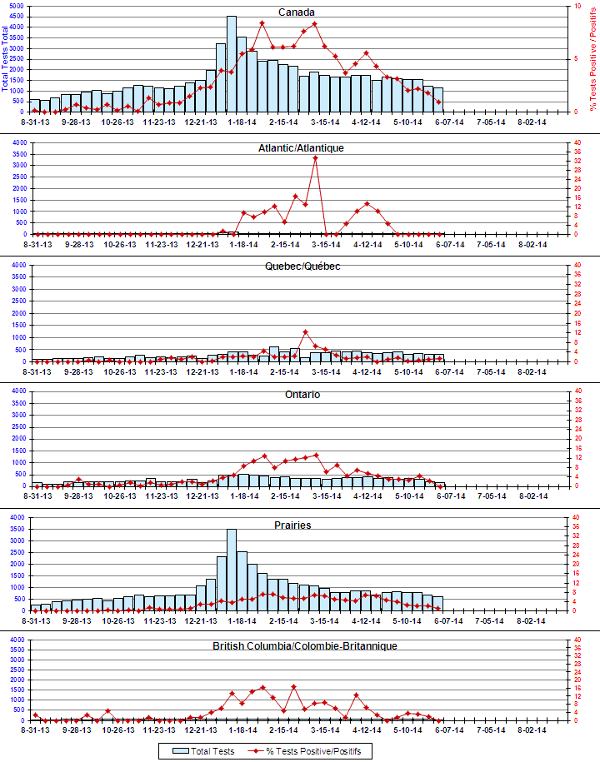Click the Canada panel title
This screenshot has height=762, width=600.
click(297, 12)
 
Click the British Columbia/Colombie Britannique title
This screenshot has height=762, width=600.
click(304, 645)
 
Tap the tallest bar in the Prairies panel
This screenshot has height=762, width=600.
click(232, 570)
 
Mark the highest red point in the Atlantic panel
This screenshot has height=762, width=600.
click(315, 157)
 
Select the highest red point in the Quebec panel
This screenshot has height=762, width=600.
click(305, 331)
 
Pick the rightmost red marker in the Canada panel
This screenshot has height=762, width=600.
click(438, 102)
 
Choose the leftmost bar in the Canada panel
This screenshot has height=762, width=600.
click(35, 106)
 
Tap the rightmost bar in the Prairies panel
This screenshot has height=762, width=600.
click(437, 603)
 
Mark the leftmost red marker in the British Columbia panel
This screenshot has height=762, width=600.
click(35, 714)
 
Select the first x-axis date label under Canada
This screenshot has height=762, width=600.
click(37, 122)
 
